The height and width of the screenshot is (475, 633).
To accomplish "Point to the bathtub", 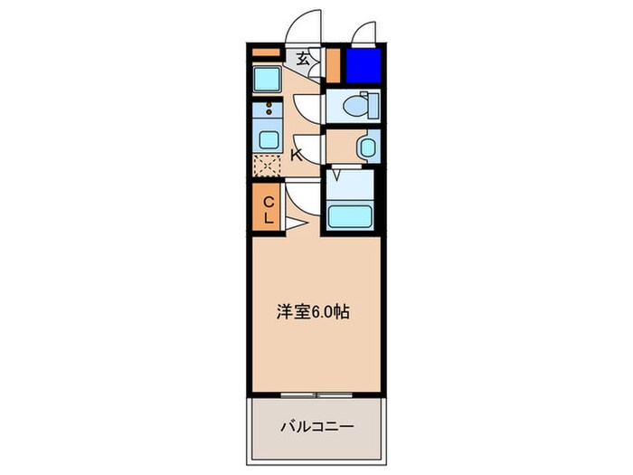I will pyautogui.click(x=349, y=216).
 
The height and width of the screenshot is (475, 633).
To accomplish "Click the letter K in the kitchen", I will pyautogui.click(x=296, y=155).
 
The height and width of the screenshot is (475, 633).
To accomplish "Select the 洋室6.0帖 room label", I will pyautogui.click(x=313, y=312).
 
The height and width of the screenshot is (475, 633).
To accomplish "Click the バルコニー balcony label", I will pyautogui.click(x=316, y=425).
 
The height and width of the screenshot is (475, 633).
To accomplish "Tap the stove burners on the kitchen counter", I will pyautogui.click(x=269, y=112).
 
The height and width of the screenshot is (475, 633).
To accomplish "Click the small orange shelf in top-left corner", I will pyautogui.click(x=266, y=52).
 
